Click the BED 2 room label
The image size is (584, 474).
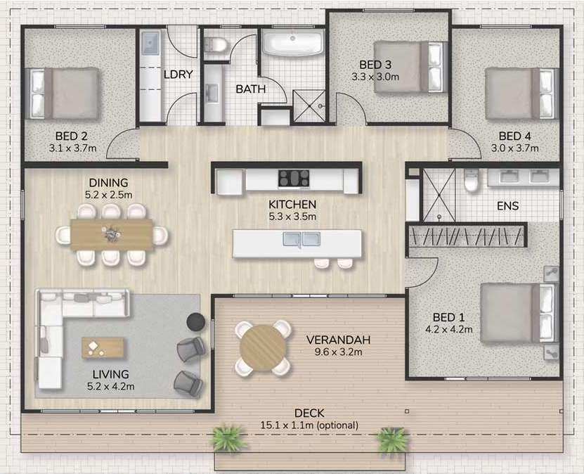(72, 136)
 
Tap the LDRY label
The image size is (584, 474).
(179, 75)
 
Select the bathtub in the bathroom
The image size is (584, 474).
(294, 42)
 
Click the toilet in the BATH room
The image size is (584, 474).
(215, 45)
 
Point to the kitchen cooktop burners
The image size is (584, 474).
(294, 178)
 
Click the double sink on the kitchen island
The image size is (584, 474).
(301, 239)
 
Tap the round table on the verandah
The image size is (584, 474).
(263, 348)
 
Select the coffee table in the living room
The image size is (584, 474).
(103, 347)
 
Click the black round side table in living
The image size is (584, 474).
(195, 321)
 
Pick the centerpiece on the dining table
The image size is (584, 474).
(111, 234)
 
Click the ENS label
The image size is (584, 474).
(507, 205)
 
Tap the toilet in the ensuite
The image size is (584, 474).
(471, 180)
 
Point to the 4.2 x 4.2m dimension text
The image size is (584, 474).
(449, 329)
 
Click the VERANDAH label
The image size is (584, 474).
(338, 340)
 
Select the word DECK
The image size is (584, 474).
(309, 413)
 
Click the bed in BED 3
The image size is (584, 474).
(410, 67)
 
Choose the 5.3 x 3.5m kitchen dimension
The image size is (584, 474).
(292, 216)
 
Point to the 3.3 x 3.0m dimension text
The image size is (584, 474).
(375, 77)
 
